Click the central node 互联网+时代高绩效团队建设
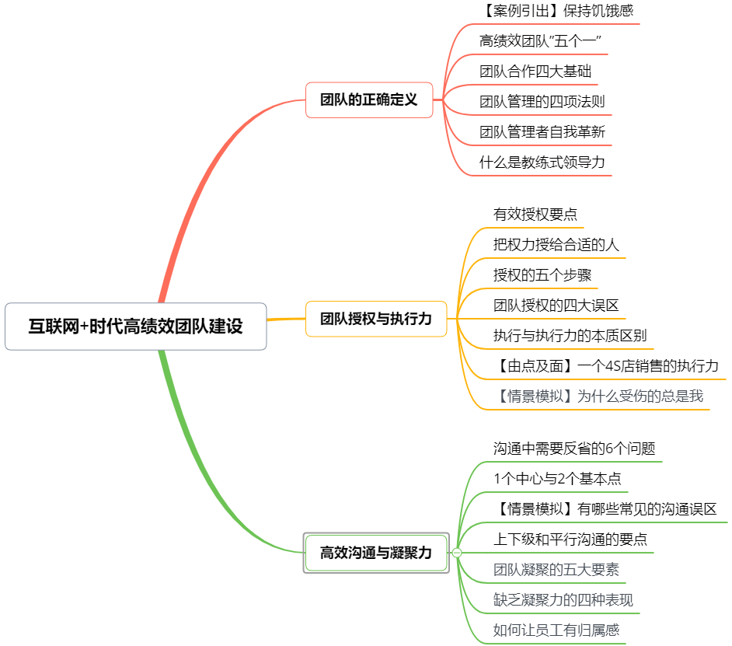pos(136,326)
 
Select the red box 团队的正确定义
pos(369,100)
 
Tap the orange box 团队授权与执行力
pos(376,319)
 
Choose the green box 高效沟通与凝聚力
pos(376,553)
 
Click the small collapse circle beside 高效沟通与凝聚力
pos(457,553)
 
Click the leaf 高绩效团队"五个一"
pos(541,41)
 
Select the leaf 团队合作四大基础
pos(535,72)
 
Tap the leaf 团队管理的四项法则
pos(542,102)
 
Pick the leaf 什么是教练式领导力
pos(542,162)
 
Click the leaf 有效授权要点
pos(535,214)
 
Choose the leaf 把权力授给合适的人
pos(556,244)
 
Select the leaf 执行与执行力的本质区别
pos(570,336)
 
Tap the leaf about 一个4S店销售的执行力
pos(606,366)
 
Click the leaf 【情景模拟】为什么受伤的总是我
pos(598,396)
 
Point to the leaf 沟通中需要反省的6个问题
pos(574,449)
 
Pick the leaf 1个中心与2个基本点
pos(557,479)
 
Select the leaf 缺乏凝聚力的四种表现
pos(563,600)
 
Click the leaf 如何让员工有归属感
pos(556,630)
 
